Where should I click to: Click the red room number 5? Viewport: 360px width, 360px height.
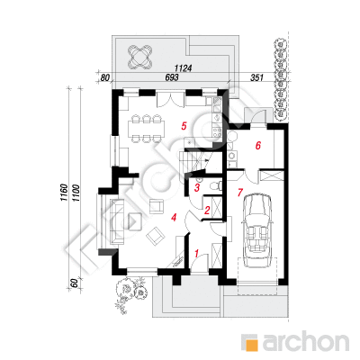click(184, 126)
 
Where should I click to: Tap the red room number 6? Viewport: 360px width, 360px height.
click(258, 146)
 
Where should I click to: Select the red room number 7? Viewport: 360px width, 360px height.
click(239, 193)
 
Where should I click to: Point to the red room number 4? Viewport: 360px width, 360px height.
click(174, 217)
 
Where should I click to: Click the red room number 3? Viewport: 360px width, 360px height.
click(197, 188)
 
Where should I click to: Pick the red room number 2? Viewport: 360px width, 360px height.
click(207, 211)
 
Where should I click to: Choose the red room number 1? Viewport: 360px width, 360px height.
click(197, 254)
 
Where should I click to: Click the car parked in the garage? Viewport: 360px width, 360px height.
click(257, 230)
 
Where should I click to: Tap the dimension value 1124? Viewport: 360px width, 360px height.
click(183, 68)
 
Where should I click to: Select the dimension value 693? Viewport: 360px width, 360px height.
click(172, 77)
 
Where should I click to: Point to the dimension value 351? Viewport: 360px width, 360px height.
click(256, 77)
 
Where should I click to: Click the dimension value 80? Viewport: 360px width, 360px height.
click(104, 77)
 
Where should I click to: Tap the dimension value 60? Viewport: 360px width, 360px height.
click(76, 283)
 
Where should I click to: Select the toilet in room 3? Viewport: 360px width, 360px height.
click(216, 186)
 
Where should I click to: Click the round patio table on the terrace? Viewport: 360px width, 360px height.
click(139, 57)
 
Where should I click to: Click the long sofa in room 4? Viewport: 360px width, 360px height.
click(117, 221)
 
